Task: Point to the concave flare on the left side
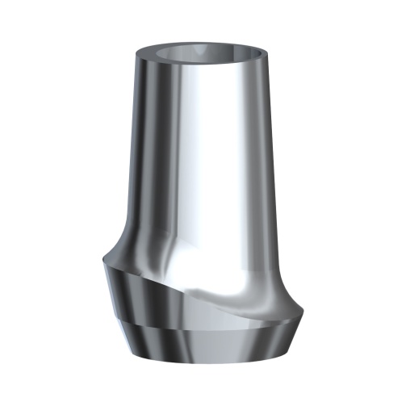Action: [x=121, y=242]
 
